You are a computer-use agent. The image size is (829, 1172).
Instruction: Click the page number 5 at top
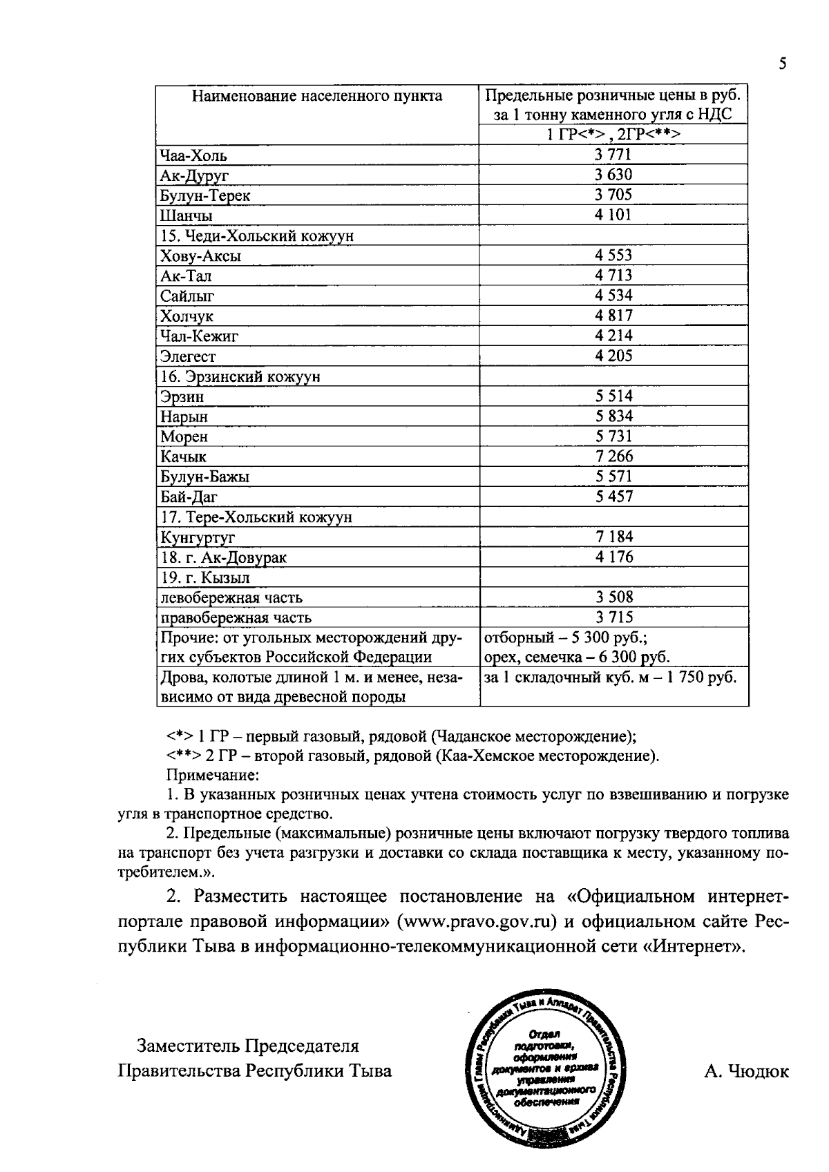point(782,64)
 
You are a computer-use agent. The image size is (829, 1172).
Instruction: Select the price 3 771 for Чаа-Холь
point(613,155)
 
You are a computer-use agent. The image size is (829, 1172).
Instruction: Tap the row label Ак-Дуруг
point(194,175)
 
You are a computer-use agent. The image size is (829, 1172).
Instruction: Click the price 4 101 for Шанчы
point(613,215)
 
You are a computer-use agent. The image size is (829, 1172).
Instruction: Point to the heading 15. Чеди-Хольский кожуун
point(257,236)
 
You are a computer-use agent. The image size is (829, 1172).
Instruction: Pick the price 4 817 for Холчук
point(613,316)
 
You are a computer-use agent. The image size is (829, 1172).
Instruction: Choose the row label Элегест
point(188,356)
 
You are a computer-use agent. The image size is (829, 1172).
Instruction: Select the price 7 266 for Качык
point(613,456)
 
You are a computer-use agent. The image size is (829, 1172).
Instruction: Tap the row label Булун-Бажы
point(205,477)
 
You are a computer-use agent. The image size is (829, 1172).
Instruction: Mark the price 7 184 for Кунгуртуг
point(613,537)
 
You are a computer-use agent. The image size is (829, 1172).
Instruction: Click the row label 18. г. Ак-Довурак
point(223,557)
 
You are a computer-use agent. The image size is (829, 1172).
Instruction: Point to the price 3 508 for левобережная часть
point(613,597)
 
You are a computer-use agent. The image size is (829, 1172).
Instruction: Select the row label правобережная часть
point(236,617)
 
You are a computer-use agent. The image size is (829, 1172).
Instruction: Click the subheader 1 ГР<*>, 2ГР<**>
point(613,135)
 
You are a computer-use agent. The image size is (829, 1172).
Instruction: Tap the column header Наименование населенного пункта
point(317,96)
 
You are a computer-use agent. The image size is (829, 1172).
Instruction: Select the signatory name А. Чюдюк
point(746,1071)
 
